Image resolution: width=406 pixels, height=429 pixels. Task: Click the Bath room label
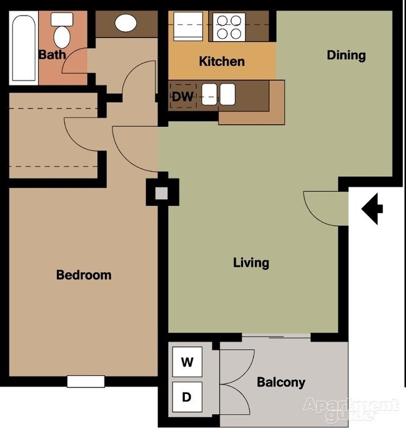[52, 55]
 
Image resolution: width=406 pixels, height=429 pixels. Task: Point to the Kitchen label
[221, 61]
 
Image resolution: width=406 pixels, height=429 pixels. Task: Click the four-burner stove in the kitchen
[228, 27]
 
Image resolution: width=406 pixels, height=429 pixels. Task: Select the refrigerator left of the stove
[190, 27]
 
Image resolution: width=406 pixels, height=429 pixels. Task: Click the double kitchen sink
[219, 96]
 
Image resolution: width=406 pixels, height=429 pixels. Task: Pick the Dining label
[346, 55]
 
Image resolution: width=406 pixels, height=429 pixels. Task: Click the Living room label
[251, 262]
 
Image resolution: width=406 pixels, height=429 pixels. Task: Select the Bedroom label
[84, 275]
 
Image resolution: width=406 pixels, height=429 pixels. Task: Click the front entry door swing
[324, 207]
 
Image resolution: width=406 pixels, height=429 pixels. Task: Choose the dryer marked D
[187, 397]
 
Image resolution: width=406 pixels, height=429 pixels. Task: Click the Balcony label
[281, 382]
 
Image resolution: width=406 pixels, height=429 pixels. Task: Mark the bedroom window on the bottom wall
[86, 381]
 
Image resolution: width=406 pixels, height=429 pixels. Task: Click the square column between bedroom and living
[162, 192]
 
